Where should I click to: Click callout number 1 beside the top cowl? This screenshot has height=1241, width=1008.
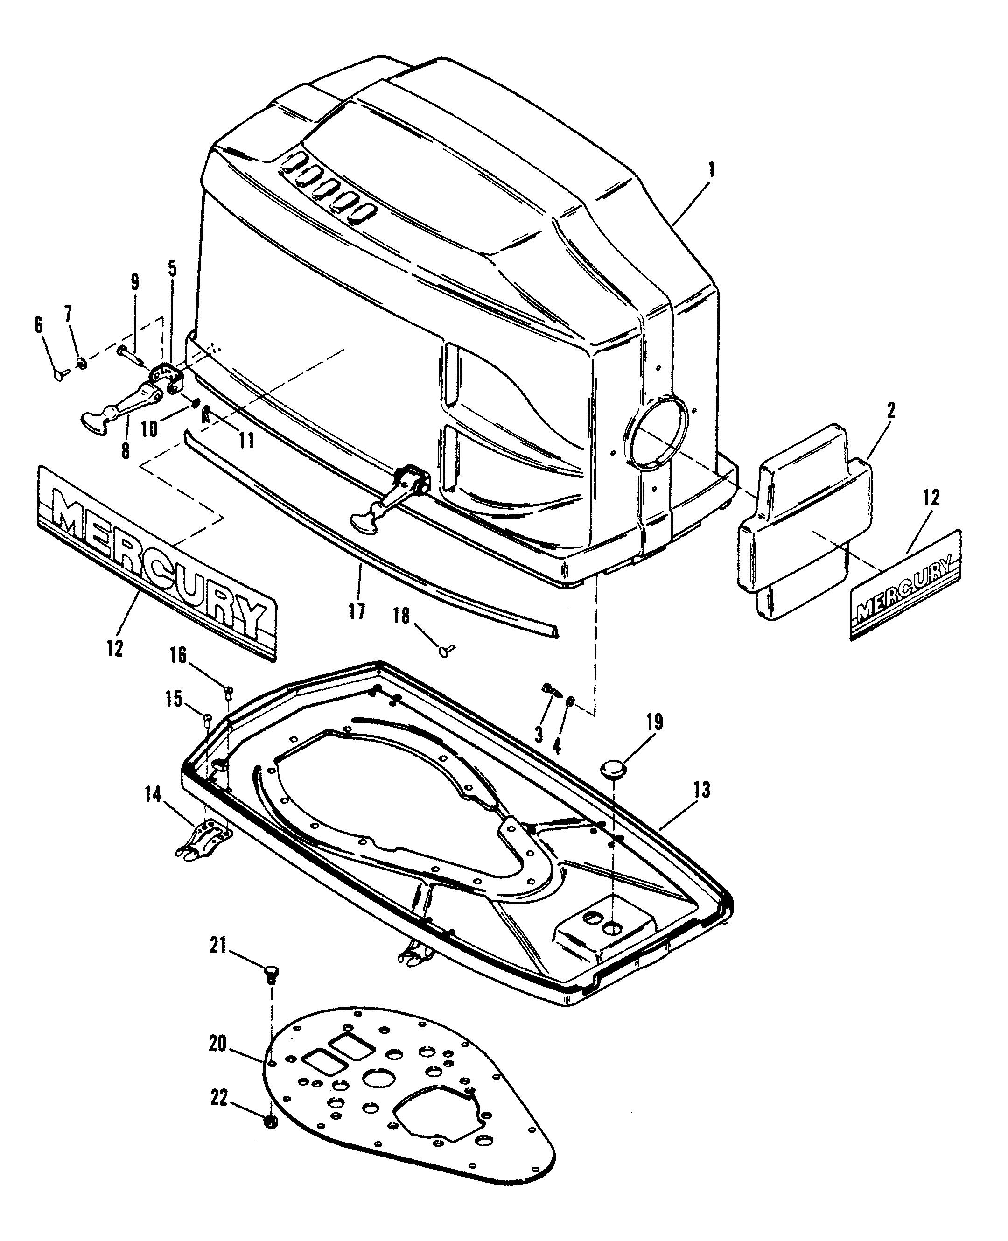(711, 171)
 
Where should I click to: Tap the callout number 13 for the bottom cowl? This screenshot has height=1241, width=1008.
(701, 790)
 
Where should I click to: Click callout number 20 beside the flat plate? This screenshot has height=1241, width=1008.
(218, 1044)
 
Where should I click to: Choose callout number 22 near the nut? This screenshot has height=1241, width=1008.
(219, 1100)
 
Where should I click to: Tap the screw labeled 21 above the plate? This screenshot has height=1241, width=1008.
(271, 972)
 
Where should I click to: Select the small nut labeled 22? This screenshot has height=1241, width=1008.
(270, 1122)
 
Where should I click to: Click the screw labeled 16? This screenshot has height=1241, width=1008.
(228, 691)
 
